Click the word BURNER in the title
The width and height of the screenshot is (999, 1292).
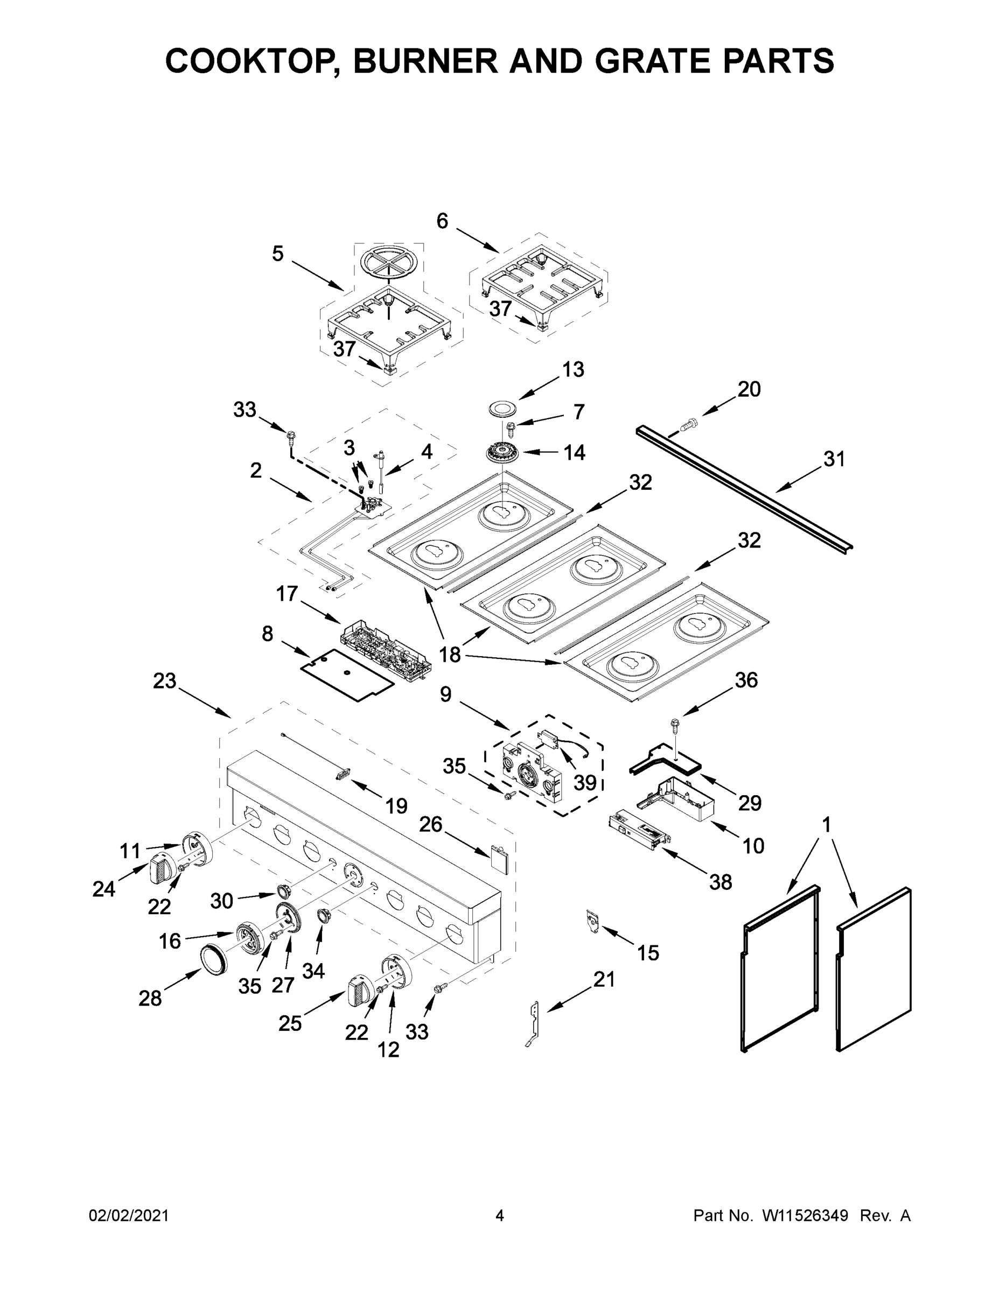click(x=425, y=61)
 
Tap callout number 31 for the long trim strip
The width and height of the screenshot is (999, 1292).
click(x=834, y=459)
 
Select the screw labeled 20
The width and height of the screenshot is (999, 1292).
click(x=689, y=424)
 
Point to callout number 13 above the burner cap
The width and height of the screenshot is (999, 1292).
click(x=573, y=369)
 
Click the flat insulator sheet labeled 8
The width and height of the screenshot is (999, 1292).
click(x=347, y=675)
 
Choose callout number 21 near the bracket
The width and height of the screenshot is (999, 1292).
click(x=604, y=979)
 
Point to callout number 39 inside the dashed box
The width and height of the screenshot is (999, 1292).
click(x=585, y=782)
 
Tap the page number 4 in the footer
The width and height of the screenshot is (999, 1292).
click(x=500, y=1215)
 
